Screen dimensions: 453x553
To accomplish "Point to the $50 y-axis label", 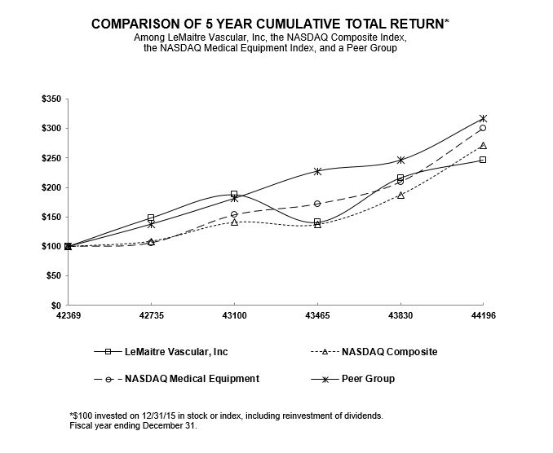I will pos(51,275).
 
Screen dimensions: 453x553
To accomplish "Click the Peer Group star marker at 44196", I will pos(483,119).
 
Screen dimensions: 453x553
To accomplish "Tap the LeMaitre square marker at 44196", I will pos(483,160).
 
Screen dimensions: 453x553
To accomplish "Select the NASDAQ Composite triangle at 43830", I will pos(400,195).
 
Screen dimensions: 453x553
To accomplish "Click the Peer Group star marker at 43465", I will pos(317,171).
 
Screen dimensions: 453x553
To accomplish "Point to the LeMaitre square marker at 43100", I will pos(234,194).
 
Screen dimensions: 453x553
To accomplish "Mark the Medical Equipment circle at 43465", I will pos(317,204).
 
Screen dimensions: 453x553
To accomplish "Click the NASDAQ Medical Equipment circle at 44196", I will pos(483,128).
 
